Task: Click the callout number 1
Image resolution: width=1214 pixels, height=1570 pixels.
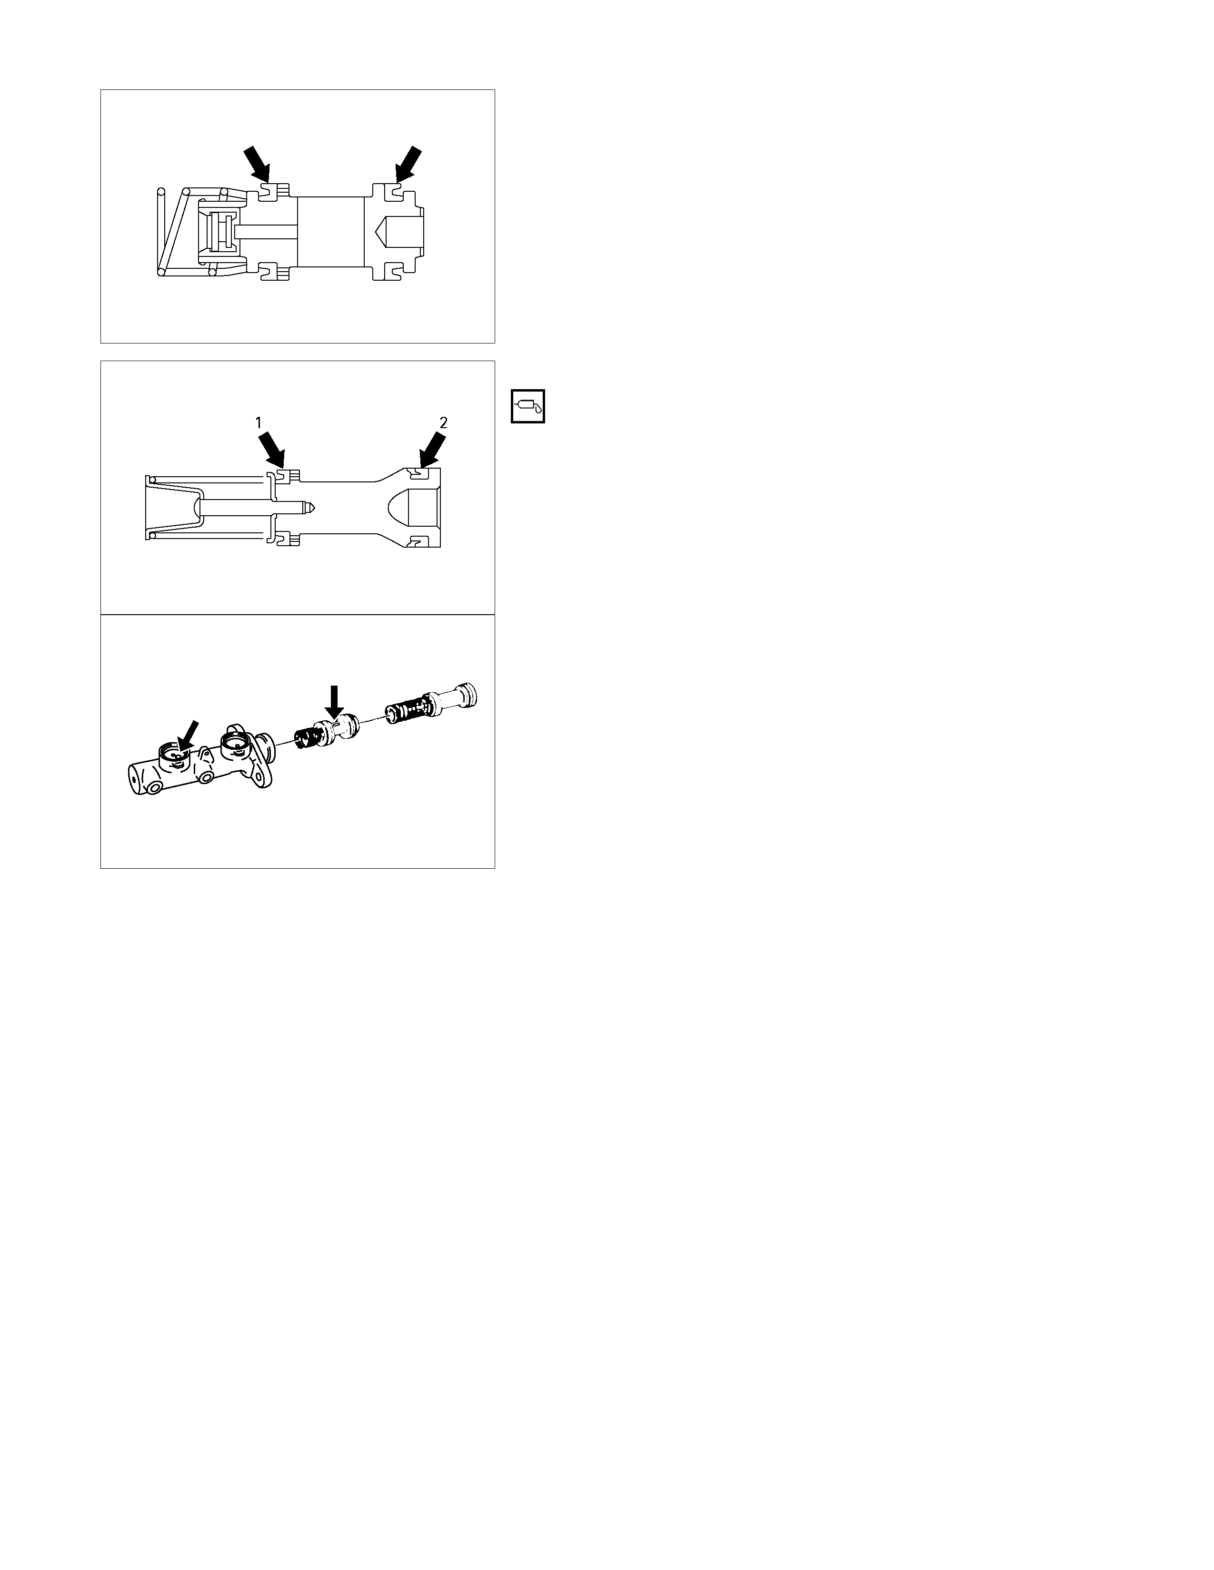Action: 258,422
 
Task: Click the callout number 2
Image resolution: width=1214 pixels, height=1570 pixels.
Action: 443,422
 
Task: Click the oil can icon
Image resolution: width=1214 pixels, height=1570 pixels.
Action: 528,406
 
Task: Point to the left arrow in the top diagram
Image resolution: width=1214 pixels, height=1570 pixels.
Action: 257,164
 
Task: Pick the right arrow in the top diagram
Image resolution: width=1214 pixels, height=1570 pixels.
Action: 408,164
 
